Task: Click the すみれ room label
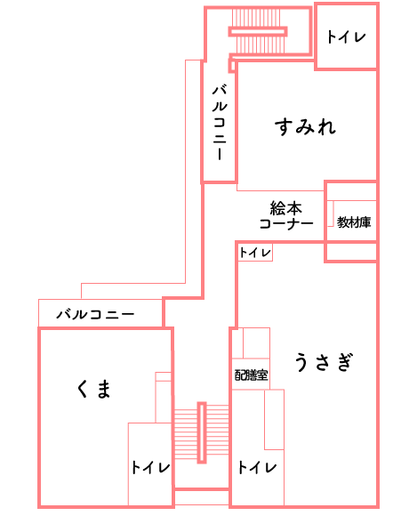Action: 305,126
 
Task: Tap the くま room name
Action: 93,389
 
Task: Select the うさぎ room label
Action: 324,362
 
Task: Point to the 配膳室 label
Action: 252,375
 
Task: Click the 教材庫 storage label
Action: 354,222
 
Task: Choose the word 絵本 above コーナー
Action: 285,208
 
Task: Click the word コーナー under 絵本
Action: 286,223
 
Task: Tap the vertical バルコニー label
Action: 220,122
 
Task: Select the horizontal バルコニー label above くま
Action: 96,314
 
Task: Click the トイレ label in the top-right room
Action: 346,36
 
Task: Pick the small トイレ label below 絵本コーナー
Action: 255,253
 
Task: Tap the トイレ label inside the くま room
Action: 150,467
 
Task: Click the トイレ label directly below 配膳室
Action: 258,467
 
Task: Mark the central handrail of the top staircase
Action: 258,31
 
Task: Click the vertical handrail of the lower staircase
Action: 202,432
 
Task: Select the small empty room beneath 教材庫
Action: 351,252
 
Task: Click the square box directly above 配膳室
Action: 256,343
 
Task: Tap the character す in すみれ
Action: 283,126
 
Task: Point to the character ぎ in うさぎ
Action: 346,362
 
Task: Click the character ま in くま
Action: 103,389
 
